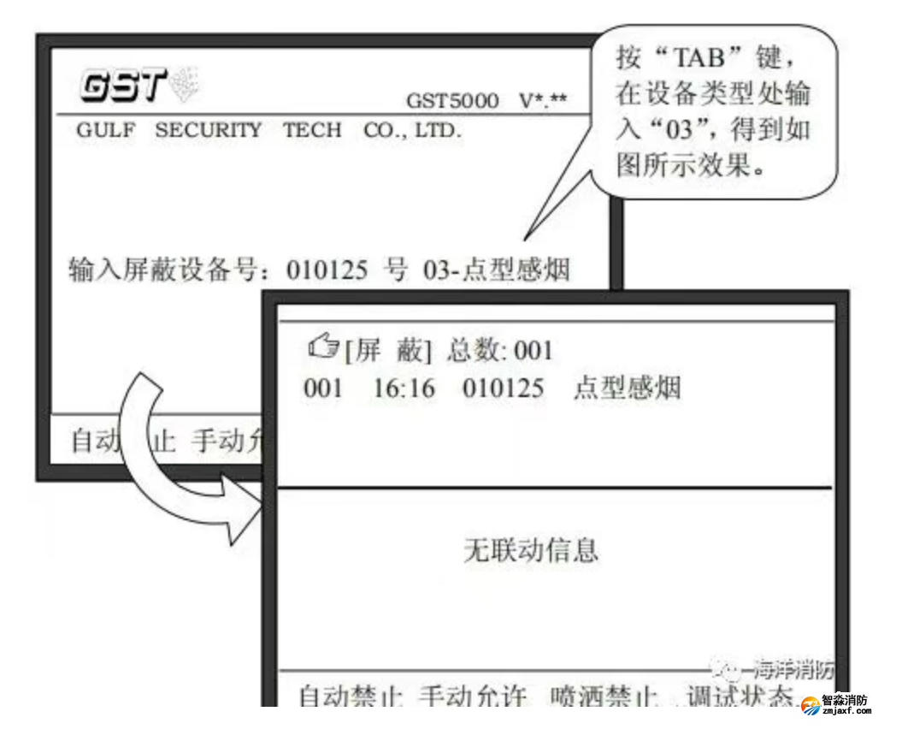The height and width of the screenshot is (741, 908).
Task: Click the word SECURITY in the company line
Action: [208, 131]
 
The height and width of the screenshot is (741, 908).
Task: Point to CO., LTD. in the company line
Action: [412, 131]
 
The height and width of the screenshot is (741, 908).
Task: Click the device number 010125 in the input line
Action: [327, 271]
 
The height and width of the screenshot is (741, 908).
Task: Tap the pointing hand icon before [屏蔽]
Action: [322, 349]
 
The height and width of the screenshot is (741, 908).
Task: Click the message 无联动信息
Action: [530, 549]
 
